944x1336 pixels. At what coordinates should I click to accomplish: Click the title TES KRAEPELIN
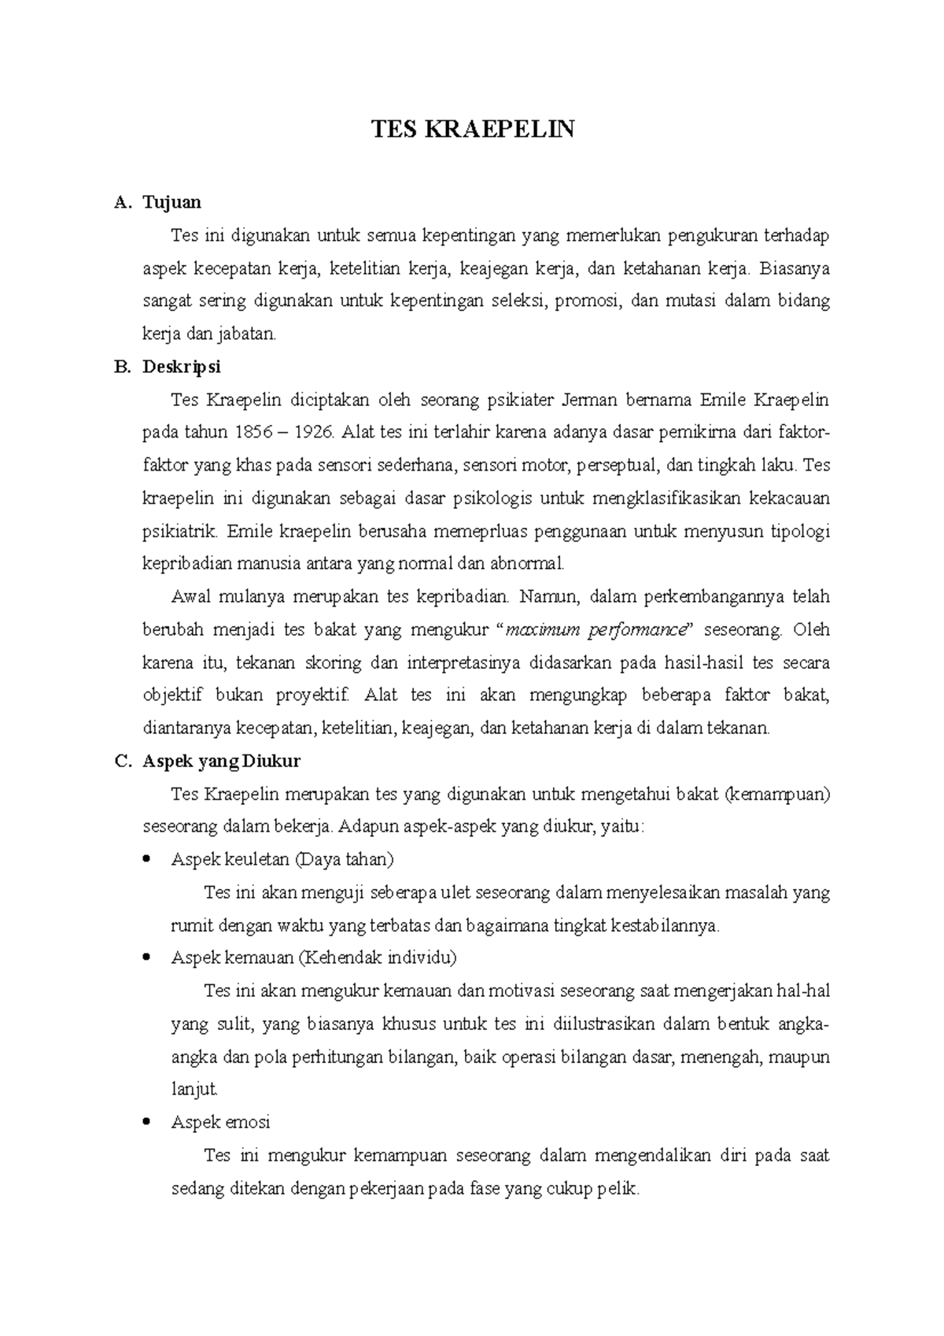[473, 128]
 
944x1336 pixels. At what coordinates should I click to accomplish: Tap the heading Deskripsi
[181, 367]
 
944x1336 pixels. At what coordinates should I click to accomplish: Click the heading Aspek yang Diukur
[221, 761]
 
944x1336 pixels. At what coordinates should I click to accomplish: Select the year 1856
[255, 432]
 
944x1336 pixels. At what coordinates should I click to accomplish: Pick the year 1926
[313, 432]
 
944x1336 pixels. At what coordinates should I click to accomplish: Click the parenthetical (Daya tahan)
[344, 859]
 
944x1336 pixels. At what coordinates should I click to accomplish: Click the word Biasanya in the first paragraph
[795, 268]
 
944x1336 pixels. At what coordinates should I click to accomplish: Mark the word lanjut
[194, 1090]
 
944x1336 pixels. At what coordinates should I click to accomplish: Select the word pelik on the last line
[619, 1189]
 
